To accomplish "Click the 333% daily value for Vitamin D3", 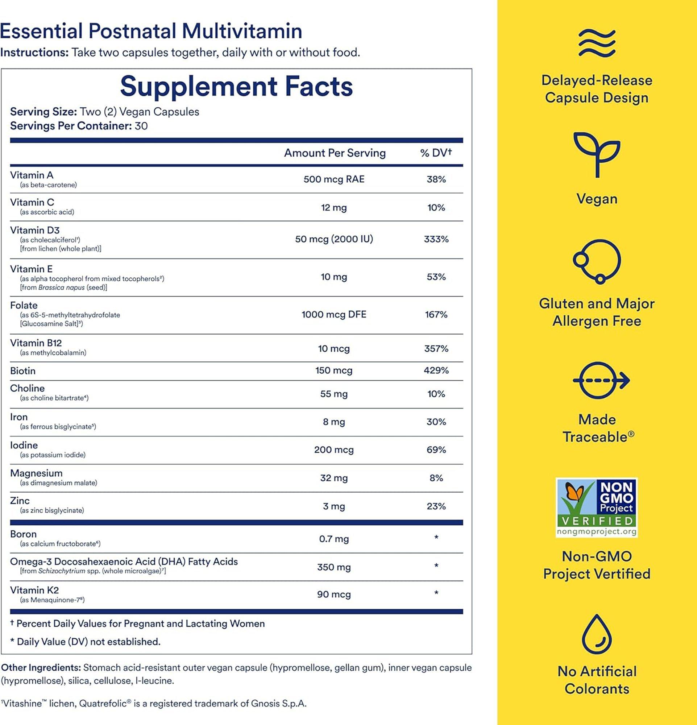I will (436, 239).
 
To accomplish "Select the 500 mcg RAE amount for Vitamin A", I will (334, 179).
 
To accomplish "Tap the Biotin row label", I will (23, 371).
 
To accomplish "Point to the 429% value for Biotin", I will (436, 370).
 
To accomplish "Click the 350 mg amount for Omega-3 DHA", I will (334, 567).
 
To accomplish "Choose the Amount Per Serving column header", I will (335, 153).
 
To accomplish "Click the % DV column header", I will (436, 153).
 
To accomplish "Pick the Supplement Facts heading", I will (236, 86).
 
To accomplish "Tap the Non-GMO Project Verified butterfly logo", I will (597, 507).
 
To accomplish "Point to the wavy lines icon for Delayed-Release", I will (597, 43).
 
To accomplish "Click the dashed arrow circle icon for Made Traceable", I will (600, 380).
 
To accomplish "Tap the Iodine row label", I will (24, 445).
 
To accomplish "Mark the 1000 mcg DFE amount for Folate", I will (334, 314).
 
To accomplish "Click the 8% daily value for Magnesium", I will (436, 478).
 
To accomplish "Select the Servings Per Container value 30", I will (141, 126).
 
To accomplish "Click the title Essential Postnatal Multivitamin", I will (151, 31).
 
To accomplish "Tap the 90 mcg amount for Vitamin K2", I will (334, 594).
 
